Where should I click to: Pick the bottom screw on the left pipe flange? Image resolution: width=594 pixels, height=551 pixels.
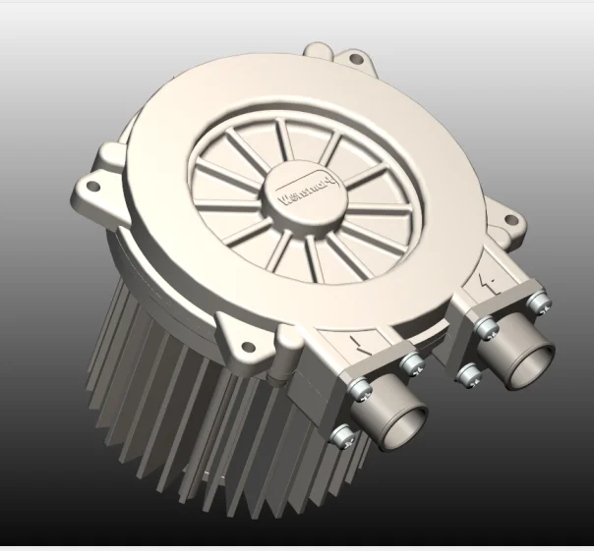pyautogui.click(x=342, y=434)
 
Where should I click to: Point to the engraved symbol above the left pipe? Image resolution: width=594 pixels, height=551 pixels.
pyautogui.click(x=360, y=346)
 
